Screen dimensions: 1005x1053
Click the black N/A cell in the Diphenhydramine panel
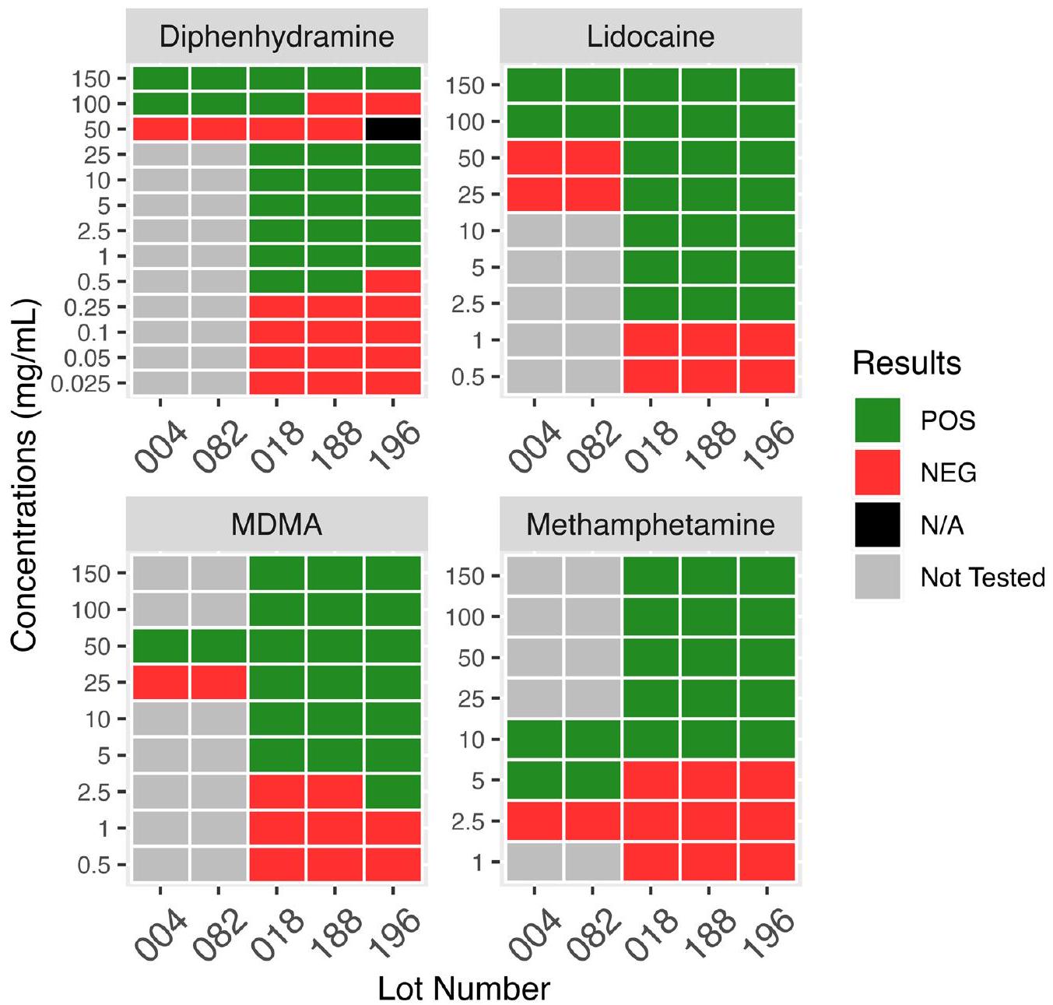[393, 129]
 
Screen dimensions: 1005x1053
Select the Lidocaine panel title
[651, 37]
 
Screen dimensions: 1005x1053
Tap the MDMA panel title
[276, 525]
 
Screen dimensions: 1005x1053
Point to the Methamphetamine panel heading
[651, 525]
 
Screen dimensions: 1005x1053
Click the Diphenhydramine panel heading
[276, 37]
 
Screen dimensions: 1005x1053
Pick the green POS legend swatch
[877, 420]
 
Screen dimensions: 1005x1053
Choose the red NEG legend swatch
[877, 473]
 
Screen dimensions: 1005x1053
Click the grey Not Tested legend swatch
[877, 577]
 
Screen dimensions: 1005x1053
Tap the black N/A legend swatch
[877, 525]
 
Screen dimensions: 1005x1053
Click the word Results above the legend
[907, 364]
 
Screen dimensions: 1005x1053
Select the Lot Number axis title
[464, 988]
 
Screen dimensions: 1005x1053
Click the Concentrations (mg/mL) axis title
[25, 475]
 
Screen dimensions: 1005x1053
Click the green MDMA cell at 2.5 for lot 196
[393, 792]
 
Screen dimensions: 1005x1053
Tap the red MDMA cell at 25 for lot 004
[160, 683]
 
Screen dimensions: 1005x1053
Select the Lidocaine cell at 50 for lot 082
[592, 158]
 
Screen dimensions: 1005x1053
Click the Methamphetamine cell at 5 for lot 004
[534, 780]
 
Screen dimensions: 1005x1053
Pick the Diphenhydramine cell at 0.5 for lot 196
[393, 282]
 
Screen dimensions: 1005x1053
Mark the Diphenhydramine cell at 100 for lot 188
[335, 104]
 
